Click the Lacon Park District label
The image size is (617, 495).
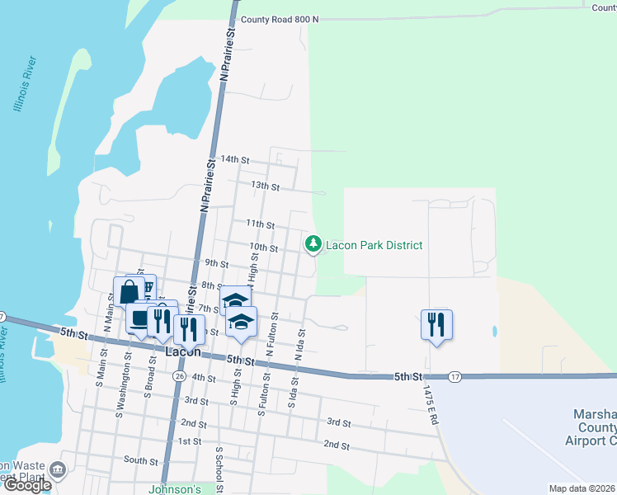(x=374, y=245)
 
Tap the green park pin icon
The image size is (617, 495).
(x=313, y=244)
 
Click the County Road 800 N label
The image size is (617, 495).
(x=279, y=19)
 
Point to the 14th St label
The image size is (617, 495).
(x=235, y=159)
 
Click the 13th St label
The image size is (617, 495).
(x=266, y=186)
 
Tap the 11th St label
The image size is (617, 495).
(x=260, y=224)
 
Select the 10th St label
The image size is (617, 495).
(x=264, y=247)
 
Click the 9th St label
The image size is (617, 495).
(x=217, y=263)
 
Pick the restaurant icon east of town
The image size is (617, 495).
(x=436, y=324)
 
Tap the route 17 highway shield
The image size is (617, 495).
(x=455, y=376)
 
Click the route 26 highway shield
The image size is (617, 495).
(x=179, y=375)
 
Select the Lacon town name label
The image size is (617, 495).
(x=184, y=351)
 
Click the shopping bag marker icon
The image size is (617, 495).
(x=129, y=291)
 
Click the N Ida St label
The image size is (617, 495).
(x=301, y=345)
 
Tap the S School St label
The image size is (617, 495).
(x=219, y=469)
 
